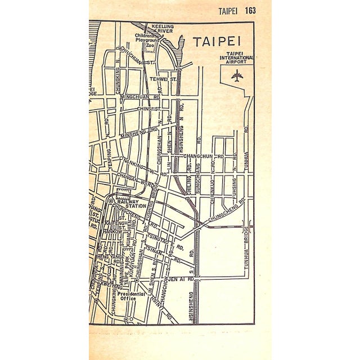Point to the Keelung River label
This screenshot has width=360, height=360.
(161, 29)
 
